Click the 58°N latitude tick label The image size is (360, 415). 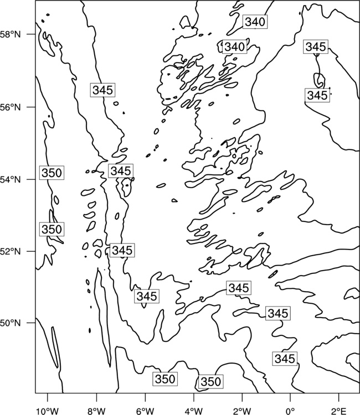coord(11,34)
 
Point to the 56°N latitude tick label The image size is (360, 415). coord(11,107)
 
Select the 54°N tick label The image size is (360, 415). coord(11,180)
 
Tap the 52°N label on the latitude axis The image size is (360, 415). coord(11,251)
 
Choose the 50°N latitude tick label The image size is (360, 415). coord(11,323)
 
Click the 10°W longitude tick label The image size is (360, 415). coord(48,411)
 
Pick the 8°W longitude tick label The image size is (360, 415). coord(96,411)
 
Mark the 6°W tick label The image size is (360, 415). coord(145,411)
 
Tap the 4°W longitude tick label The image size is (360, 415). coord(194,411)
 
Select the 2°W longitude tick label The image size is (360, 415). coord(242,411)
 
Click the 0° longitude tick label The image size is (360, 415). coord(291,411)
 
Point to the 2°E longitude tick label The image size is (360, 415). coord(339,411)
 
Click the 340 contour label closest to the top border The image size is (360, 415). coord(255,22)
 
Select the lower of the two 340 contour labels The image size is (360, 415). coord(234,47)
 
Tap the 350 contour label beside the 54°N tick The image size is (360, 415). coord(52,173)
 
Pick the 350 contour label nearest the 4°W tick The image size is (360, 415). coord(210,382)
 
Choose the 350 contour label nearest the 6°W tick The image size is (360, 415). coord(164,379)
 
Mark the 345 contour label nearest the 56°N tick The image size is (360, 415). coord(102,90)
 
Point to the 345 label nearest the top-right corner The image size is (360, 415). coord(316,47)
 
